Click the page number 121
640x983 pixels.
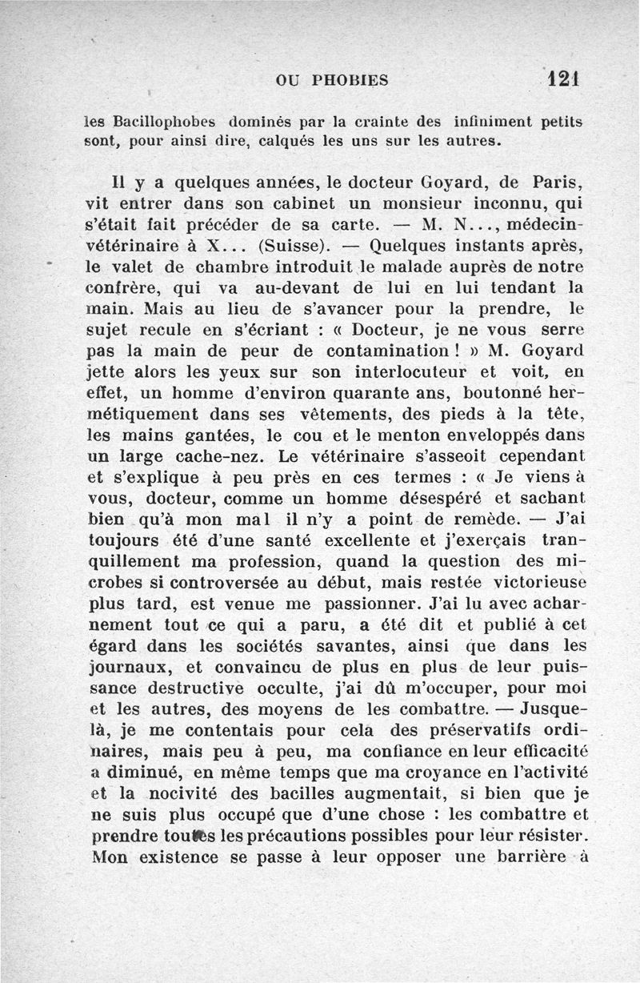564,78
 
